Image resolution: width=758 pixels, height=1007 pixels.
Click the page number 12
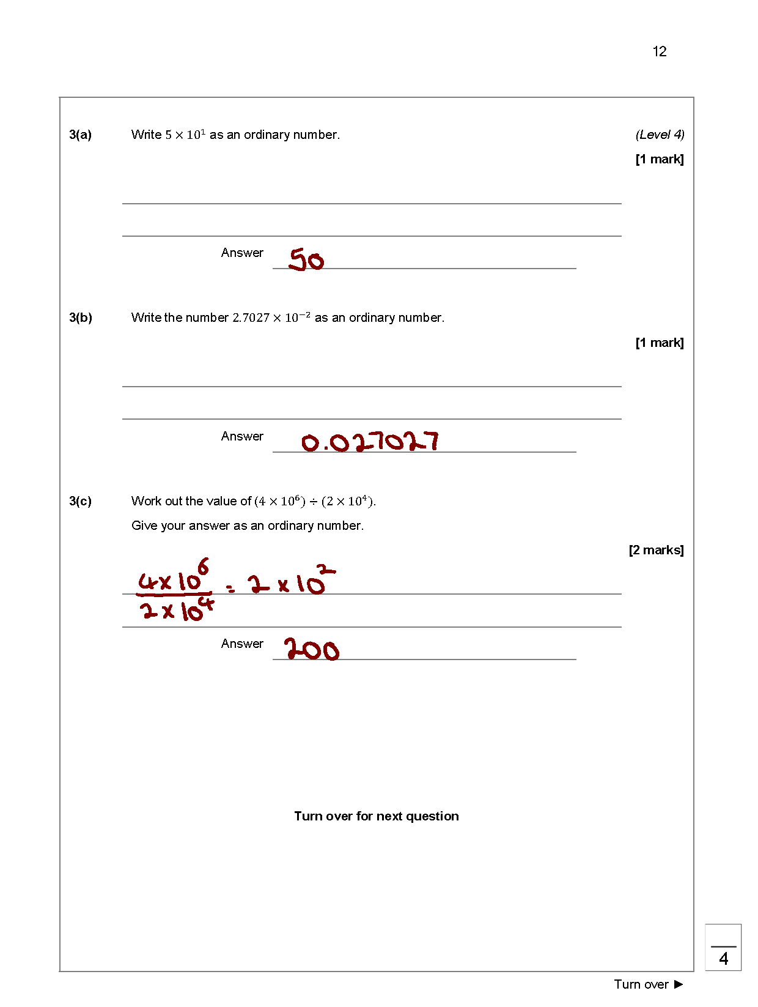point(659,51)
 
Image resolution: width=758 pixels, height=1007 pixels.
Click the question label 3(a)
point(80,135)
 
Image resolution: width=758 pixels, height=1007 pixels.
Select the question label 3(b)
point(80,318)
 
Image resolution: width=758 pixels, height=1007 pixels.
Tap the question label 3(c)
point(80,501)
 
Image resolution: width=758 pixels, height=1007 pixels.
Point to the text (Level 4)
point(660,135)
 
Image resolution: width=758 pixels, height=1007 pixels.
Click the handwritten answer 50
point(306,260)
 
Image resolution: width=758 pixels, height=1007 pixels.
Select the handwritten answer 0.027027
point(370,442)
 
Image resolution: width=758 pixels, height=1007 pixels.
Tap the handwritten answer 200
point(311,649)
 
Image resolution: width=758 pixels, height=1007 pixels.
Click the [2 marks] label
point(656,550)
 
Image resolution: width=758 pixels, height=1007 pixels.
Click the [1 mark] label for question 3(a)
point(660,159)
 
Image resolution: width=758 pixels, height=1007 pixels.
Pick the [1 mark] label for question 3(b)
point(660,343)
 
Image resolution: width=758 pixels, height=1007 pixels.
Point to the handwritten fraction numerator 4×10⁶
point(174,577)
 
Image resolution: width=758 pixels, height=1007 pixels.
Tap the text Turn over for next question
point(376,816)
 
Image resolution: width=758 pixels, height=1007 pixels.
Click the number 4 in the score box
point(724,959)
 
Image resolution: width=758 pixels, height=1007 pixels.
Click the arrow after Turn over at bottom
point(679,984)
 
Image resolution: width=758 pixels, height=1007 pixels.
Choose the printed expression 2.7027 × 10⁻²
point(271,318)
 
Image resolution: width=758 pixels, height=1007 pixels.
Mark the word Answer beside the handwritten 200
point(242,644)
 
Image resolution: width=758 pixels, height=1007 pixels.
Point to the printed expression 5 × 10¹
point(185,135)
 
